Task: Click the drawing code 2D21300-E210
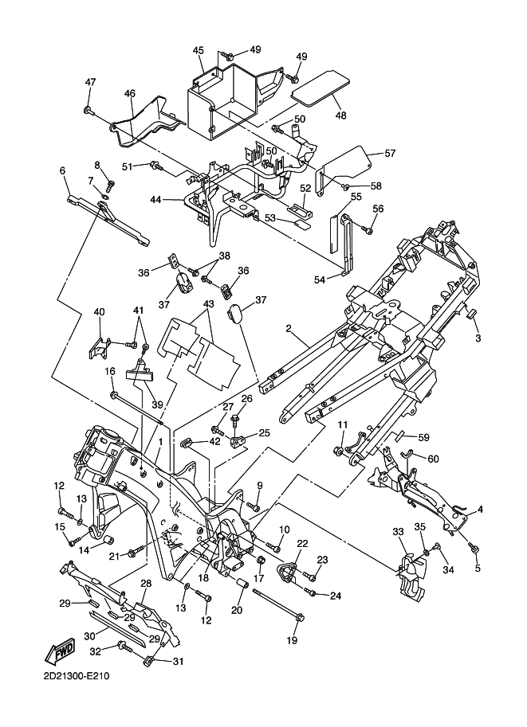pos(78,678)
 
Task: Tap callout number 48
pos(340,115)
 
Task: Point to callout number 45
pos(199,50)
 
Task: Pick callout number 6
pos(61,170)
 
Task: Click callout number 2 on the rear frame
pos(289,327)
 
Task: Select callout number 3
pos(478,338)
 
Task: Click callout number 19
pos(292,640)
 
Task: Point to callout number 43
pos(209,305)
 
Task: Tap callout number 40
pos(100,311)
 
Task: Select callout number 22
pos(302,544)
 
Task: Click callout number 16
pos(110,371)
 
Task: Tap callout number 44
pos(156,200)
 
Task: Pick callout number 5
pos(478,569)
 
